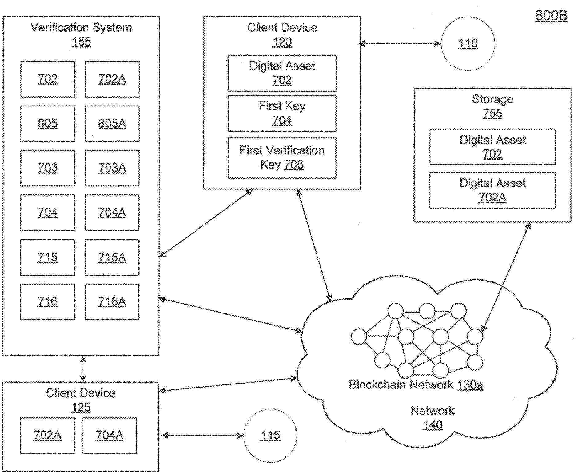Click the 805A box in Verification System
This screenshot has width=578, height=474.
coord(112,124)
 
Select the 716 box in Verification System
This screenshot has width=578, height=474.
coord(47,302)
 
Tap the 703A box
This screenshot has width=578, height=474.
coord(112,168)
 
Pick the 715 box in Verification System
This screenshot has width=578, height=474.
coord(47,257)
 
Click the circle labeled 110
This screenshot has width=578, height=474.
coord(468,43)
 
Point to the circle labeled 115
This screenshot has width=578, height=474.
coord(270,435)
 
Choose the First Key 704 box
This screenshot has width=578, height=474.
coord(282,114)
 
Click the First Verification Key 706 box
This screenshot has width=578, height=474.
coord(282,158)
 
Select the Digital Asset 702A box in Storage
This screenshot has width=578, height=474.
coord(492,190)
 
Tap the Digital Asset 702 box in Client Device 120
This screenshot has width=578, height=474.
coord(282,73)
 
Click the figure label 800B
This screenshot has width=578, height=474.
coord(551,15)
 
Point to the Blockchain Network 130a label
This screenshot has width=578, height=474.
coord(416,384)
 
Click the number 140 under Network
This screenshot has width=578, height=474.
coord(433,425)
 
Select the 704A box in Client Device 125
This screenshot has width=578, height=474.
coord(110,435)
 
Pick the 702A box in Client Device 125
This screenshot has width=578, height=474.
coord(47,435)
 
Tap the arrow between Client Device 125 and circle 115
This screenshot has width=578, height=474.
coord(202,435)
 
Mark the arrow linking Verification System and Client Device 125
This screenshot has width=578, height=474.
coord(83,369)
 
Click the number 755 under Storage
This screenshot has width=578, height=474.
coord(492,114)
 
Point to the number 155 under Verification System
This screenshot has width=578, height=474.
coord(81,42)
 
